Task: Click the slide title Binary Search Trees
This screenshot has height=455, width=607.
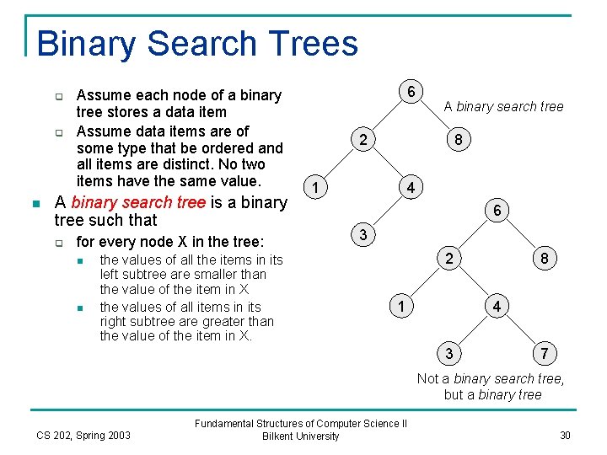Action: tap(197, 43)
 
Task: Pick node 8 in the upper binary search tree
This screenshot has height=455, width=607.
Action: tap(458, 140)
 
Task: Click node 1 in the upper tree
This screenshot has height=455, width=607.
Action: tap(314, 187)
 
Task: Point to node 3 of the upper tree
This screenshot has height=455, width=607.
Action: tap(362, 235)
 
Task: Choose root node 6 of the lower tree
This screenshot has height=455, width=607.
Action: tap(497, 211)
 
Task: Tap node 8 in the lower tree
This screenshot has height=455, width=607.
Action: tap(545, 259)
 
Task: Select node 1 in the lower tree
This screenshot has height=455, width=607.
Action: tap(402, 306)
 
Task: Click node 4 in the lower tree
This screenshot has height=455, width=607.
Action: tap(497, 306)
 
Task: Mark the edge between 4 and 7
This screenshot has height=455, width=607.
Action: tap(520, 329)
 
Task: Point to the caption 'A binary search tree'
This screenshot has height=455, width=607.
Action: tap(503, 106)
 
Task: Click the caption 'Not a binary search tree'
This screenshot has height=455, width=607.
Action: tap(491, 378)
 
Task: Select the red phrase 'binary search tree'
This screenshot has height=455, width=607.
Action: tap(138, 202)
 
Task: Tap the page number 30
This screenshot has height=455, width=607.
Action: tap(564, 435)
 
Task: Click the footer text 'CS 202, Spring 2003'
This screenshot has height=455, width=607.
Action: tap(83, 435)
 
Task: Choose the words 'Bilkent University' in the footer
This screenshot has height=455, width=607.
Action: tap(301, 436)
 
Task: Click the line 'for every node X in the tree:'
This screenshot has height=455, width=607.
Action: tap(170, 242)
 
